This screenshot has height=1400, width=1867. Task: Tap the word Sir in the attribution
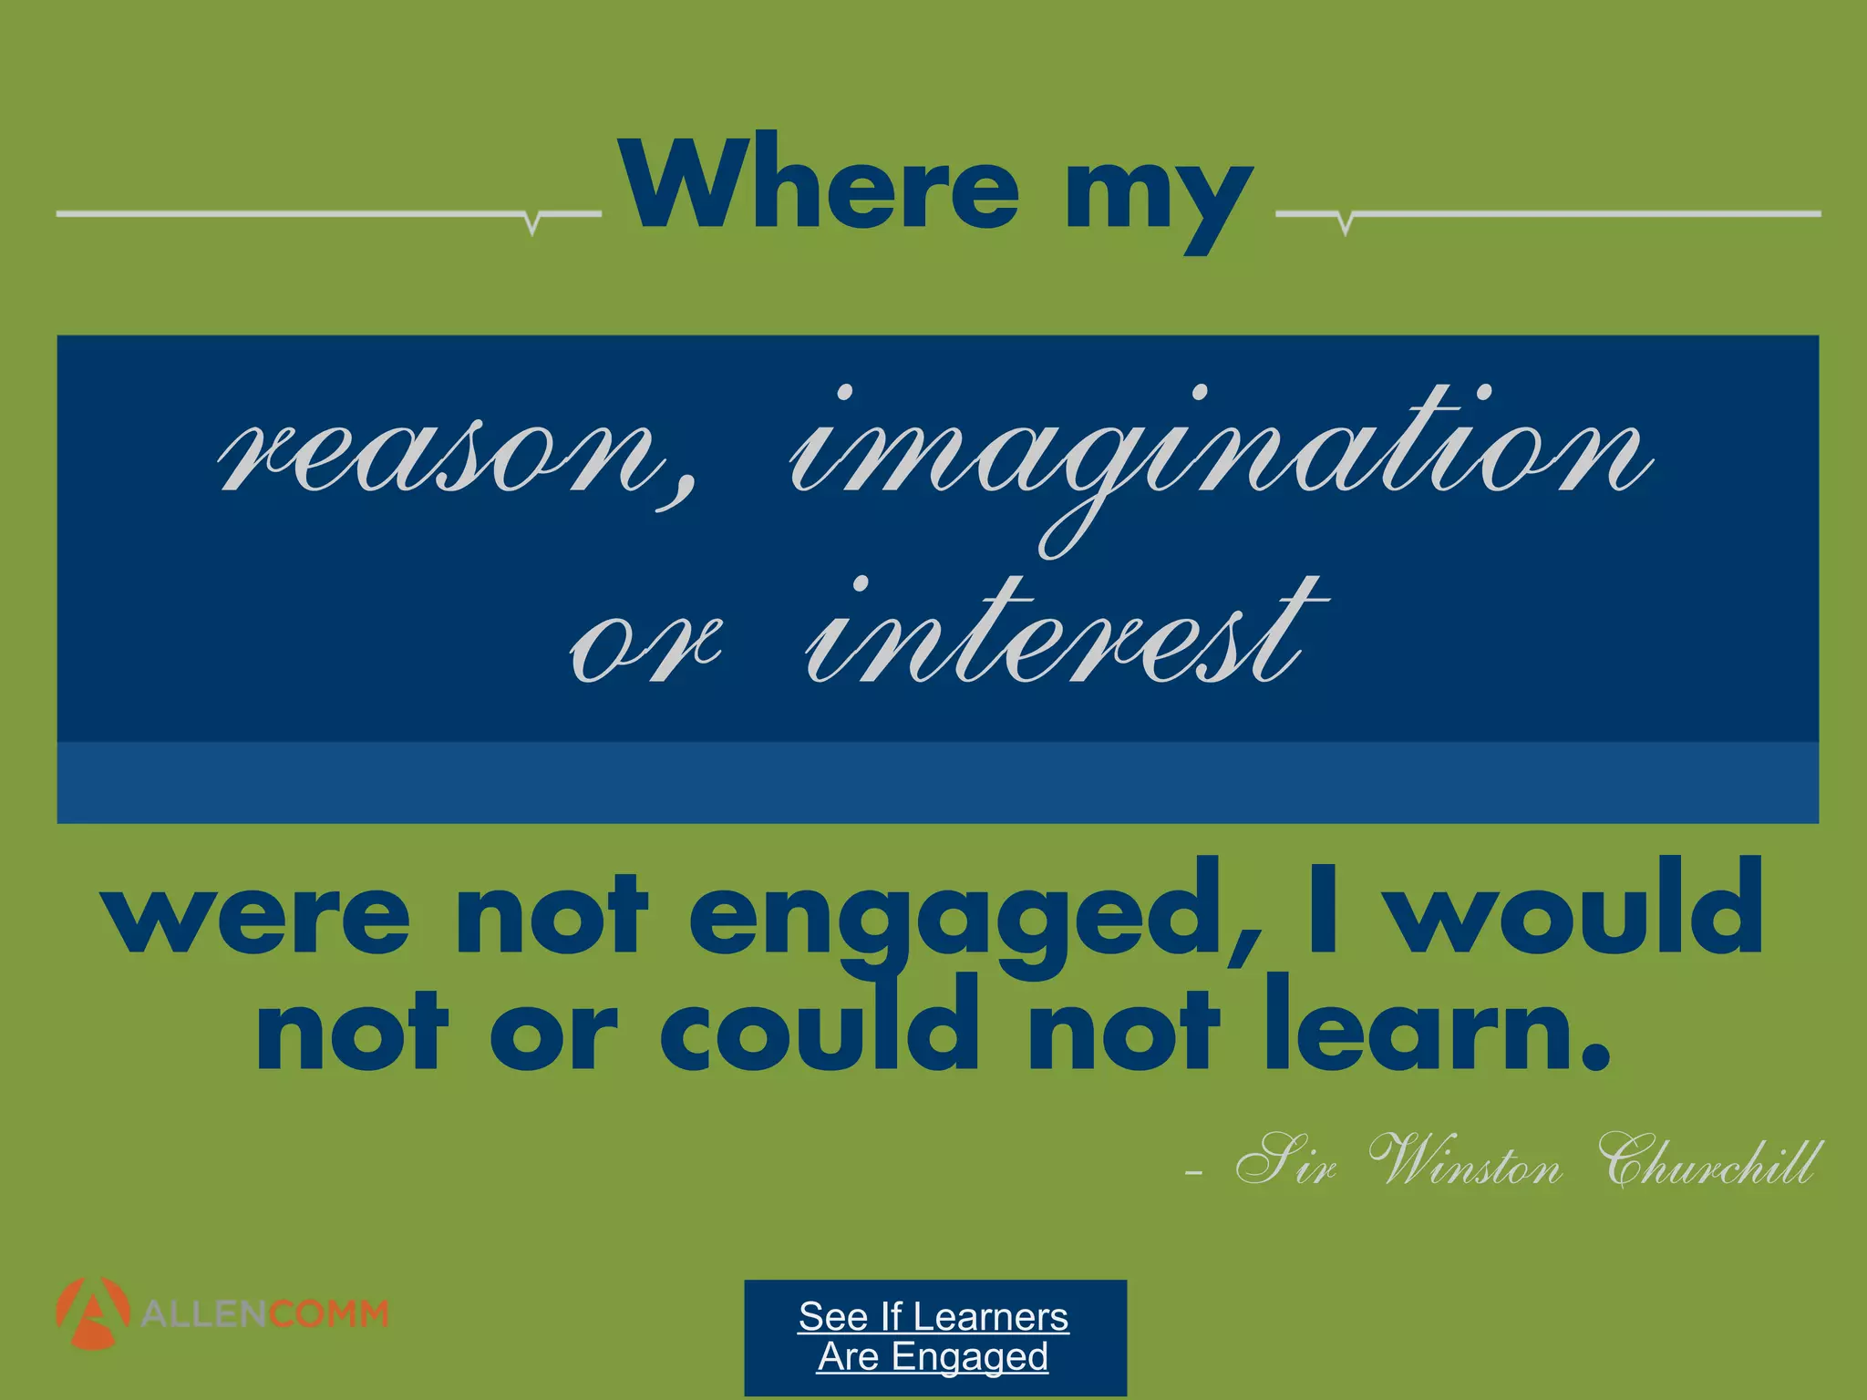click(1285, 1162)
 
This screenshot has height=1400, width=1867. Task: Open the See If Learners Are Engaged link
click(933, 1335)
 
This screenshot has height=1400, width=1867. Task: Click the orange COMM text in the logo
click(328, 1314)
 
